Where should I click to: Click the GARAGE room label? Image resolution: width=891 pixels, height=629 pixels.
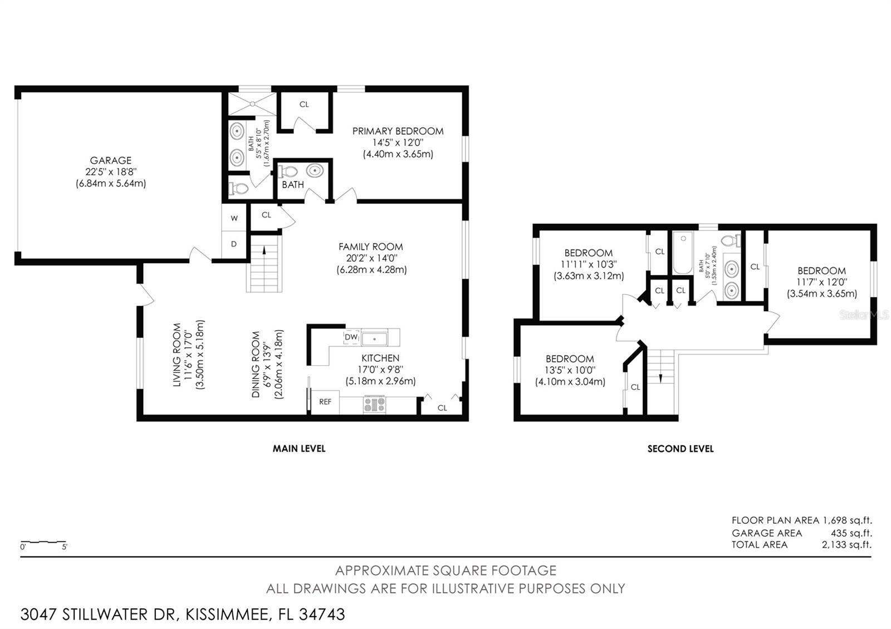(x=111, y=160)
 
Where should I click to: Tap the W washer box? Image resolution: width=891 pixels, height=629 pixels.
(x=234, y=218)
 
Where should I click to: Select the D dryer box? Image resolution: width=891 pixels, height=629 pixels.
(x=234, y=244)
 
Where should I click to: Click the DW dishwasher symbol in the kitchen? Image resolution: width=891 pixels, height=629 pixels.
(x=351, y=337)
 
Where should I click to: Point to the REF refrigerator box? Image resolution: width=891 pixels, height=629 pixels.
(x=325, y=402)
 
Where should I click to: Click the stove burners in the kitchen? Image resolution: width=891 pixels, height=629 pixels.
(x=374, y=404)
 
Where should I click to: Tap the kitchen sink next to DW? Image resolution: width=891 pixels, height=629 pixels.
(x=374, y=338)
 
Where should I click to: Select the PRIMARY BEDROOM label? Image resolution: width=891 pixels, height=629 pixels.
(x=398, y=131)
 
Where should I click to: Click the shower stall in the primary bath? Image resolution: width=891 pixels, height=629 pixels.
(x=252, y=104)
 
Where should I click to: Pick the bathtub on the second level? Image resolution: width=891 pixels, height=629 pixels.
(x=682, y=254)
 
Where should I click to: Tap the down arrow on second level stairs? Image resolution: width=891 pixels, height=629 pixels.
(x=660, y=377)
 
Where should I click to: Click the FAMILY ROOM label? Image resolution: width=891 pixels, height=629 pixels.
(x=370, y=247)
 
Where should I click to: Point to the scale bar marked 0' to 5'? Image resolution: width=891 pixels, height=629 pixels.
(x=43, y=542)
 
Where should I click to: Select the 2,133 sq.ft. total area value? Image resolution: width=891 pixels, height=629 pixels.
(x=846, y=545)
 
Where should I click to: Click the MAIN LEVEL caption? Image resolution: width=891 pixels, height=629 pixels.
(x=299, y=449)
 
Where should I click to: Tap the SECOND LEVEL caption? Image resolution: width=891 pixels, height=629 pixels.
(x=680, y=449)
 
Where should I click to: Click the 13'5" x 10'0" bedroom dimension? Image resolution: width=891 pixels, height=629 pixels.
(x=570, y=370)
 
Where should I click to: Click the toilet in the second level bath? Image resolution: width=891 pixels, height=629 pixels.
(x=731, y=241)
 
